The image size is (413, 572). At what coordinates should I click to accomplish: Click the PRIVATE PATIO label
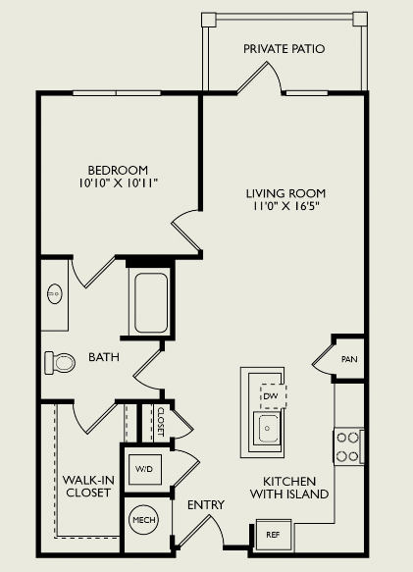[284, 49]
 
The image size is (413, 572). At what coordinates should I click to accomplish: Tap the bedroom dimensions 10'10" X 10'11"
[118, 182]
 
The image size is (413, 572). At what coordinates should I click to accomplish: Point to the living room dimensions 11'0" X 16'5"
[286, 206]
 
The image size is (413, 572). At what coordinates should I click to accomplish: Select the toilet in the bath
[60, 363]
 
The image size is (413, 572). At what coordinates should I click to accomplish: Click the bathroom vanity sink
[55, 293]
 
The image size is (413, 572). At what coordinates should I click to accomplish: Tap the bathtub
[151, 302]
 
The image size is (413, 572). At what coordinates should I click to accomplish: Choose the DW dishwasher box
[273, 396]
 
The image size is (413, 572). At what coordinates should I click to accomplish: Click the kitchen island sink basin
[268, 428]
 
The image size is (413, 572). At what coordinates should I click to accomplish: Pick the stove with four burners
[348, 446]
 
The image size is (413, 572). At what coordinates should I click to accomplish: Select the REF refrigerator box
[274, 535]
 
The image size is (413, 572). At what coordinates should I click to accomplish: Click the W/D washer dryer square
[145, 469]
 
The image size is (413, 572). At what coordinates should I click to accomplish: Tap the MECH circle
[144, 519]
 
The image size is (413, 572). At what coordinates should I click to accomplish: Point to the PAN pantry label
[349, 359]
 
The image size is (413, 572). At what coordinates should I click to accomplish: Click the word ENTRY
[206, 505]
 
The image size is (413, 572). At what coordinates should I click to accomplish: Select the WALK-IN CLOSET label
[88, 487]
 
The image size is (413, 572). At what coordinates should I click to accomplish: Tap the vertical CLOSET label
[161, 422]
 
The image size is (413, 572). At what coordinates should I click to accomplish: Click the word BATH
[104, 357]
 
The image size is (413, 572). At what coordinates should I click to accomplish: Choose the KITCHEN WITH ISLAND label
[289, 488]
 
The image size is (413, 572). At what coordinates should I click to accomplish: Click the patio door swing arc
[277, 75]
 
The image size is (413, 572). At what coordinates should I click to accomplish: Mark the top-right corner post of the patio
[360, 19]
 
